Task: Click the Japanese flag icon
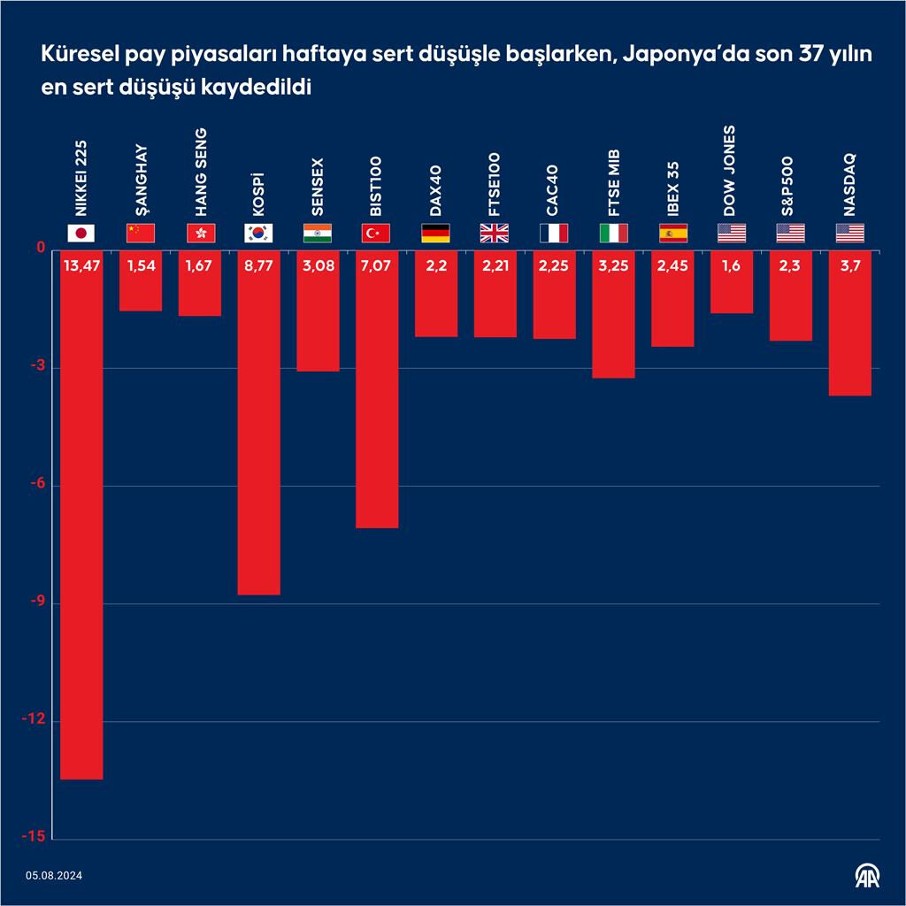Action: point(81,234)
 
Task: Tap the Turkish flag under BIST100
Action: point(377,234)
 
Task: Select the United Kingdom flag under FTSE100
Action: point(495,234)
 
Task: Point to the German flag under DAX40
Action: point(435,234)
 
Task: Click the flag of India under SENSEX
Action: point(318,234)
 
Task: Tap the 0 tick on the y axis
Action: point(41,250)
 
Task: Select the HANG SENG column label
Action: point(201,173)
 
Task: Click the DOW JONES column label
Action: point(730,171)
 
